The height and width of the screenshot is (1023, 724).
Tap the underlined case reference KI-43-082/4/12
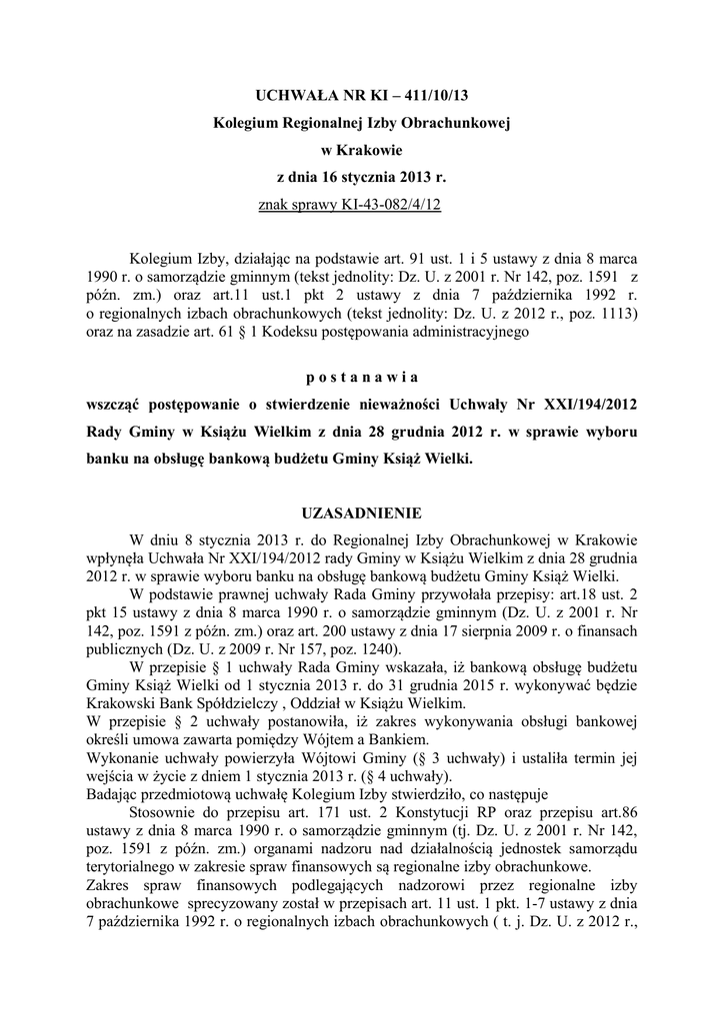click(387, 205)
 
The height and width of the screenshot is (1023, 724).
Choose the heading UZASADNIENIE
click(361, 513)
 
